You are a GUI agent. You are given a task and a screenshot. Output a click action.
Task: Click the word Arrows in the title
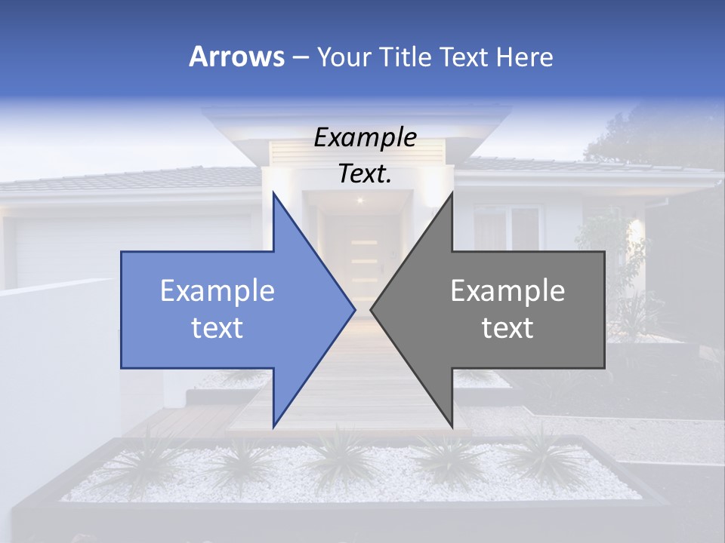pos(236,57)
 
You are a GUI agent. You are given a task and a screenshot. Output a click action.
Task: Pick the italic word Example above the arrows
pos(365,138)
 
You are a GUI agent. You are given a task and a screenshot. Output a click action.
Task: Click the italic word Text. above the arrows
pos(365,173)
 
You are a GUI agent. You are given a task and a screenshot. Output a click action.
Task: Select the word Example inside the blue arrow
pos(217,291)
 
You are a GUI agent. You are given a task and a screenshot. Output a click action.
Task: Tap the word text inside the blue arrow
pos(217,327)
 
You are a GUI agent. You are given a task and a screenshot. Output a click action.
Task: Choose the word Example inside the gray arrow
pos(507,291)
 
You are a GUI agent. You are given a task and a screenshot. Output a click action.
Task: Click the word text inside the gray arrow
pos(507,327)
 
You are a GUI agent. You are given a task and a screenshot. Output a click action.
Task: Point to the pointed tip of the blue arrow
pos(353,309)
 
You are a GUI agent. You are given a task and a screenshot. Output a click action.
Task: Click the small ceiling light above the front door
pos(359,200)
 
